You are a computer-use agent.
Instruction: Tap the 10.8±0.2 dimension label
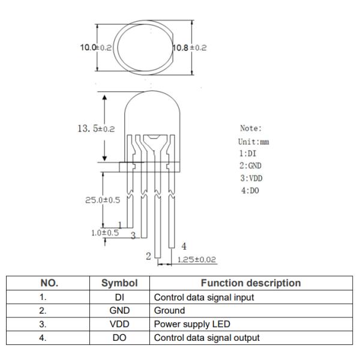coord(190,47)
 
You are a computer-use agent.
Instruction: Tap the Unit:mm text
coord(254,142)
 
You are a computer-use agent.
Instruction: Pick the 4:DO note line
coord(250,190)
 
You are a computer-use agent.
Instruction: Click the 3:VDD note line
coord(251,178)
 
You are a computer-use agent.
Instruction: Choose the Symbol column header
coord(119,283)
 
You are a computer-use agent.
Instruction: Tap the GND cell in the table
coord(119,311)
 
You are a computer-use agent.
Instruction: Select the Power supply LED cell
coord(192,325)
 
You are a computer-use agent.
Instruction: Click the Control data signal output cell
coord(207,338)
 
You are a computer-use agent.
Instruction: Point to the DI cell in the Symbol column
coord(119,297)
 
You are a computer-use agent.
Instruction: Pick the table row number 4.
coord(53,338)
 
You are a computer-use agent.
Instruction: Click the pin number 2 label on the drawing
coord(148,256)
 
